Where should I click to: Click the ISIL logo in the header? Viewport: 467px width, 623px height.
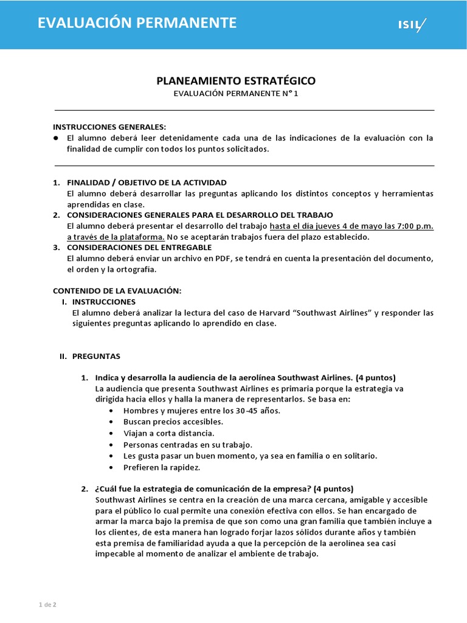[x=412, y=25]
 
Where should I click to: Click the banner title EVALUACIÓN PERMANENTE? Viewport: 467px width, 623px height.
[x=137, y=24]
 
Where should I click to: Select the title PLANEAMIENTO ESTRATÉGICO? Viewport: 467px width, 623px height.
[x=237, y=80]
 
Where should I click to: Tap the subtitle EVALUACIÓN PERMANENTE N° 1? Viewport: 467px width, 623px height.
[x=237, y=94]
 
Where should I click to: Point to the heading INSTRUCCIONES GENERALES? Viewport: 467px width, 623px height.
[x=109, y=127]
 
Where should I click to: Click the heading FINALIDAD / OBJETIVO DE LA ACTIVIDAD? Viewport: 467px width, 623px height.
[x=146, y=183]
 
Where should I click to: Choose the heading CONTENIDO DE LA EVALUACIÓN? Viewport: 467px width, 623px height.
[x=117, y=291]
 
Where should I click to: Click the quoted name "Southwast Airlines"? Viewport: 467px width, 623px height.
[x=332, y=313]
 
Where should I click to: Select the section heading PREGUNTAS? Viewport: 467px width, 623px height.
[x=96, y=357]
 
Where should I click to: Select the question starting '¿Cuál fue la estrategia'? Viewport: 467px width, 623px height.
[x=224, y=489]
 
